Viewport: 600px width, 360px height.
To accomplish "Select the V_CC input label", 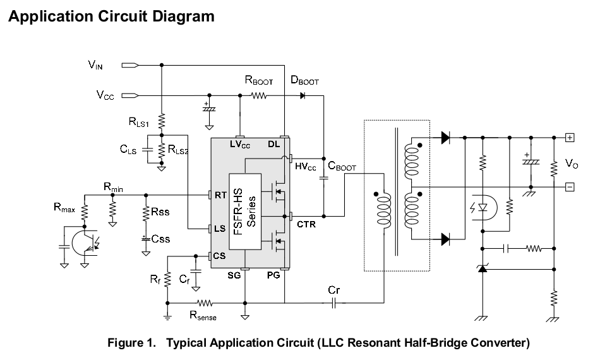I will pos(105,95).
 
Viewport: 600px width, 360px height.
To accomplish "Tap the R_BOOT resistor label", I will pos(258,81).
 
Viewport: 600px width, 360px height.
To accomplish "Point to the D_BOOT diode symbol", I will pos(303,96).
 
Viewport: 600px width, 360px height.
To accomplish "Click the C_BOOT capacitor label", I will pos(342,167).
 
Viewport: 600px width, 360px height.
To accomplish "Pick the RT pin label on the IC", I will pos(220,195).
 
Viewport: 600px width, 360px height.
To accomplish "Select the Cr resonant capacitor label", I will pos(334,290).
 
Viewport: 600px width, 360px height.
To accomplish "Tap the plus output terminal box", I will pos(570,137).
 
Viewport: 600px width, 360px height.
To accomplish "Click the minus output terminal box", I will pos(570,186).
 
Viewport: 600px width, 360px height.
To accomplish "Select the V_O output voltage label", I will pos(572,164).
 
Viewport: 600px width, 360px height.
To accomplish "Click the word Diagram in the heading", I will pos(181,16).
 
